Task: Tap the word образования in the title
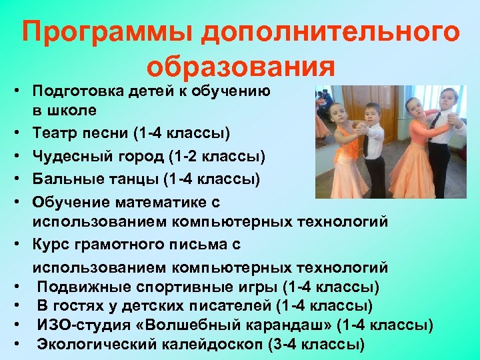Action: point(241,67)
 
